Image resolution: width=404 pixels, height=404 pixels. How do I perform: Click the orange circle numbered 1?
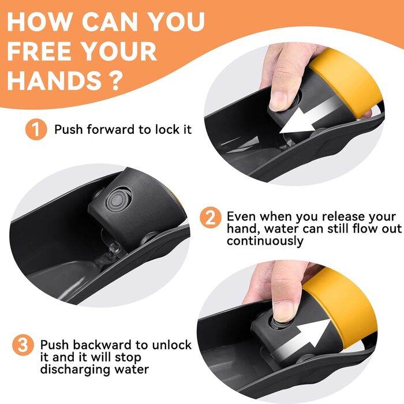tap(36, 129)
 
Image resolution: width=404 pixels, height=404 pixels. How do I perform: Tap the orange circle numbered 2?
tap(211, 218)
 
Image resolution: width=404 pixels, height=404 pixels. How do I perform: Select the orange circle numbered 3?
tap(23, 345)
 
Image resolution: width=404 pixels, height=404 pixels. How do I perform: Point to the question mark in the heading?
tap(113, 80)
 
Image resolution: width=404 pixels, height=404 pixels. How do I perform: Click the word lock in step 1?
tap(164, 129)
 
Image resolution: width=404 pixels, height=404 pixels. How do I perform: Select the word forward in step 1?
tap(111, 129)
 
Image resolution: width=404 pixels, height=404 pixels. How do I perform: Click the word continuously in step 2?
tap(265, 241)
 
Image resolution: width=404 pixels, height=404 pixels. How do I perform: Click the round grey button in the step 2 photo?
tap(118, 200)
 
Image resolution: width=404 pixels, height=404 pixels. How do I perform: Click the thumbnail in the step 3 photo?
tap(284, 311)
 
